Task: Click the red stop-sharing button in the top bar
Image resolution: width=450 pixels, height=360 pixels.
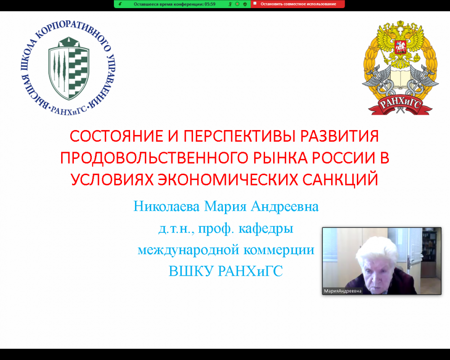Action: click(297, 4)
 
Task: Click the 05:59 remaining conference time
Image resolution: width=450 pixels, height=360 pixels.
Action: click(210, 4)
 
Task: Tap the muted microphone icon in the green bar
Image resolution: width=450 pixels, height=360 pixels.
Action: click(230, 4)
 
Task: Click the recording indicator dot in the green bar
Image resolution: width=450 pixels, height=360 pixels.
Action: click(237, 4)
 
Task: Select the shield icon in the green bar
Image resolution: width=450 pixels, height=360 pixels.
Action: click(245, 4)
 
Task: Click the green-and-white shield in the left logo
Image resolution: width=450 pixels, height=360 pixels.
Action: click(69, 68)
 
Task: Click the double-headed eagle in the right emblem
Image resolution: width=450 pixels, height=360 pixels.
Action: click(400, 43)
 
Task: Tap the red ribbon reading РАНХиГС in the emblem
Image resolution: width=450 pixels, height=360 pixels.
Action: click(400, 105)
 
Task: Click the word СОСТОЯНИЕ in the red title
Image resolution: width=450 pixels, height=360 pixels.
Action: click(117, 136)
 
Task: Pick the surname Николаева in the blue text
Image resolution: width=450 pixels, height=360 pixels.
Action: click(166, 207)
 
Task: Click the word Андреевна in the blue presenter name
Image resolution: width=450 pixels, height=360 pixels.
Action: click(285, 207)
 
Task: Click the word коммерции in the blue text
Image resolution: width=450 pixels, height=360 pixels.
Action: click(279, 250)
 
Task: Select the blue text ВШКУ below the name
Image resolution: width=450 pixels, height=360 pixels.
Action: click(191, 271)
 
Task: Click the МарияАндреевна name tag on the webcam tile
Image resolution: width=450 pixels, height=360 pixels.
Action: click(342, 291)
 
